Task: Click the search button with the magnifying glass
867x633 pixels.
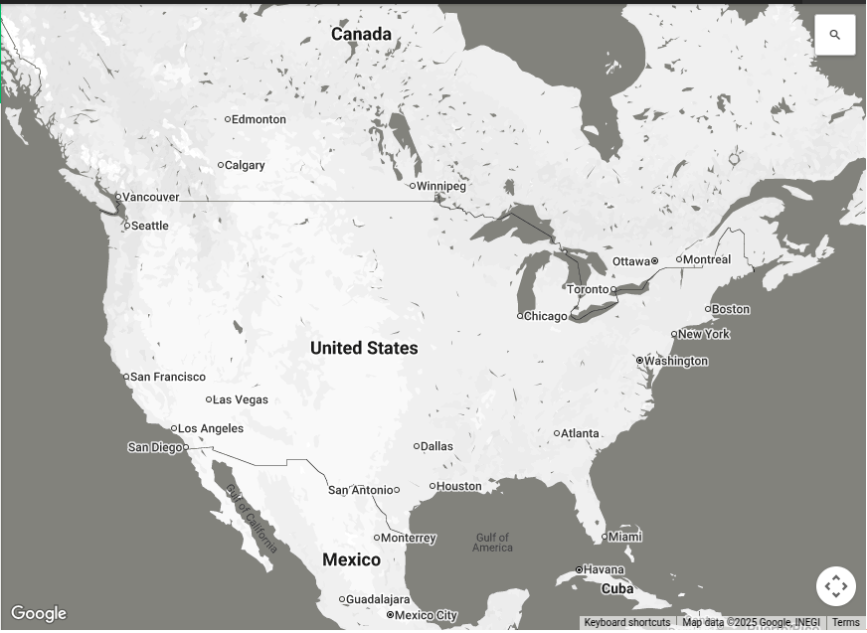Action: pos(834,35)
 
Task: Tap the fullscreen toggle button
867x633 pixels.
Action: pos(835,586)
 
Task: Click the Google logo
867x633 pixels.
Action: pos(39,613)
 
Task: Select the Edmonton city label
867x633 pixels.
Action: pos(259,119)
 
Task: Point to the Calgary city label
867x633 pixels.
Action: pos(245,165)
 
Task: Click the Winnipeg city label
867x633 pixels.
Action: pos(440,186)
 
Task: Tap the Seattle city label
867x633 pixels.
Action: pos(150,226)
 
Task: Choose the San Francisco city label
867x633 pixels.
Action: pos(168,377)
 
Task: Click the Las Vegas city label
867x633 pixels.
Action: pos(241,399)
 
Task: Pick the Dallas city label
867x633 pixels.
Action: pos(436,446)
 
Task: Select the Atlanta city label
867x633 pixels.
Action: pos(580,433)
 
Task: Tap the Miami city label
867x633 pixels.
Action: pos(625,537)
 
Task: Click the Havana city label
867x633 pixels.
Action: pos(604,569)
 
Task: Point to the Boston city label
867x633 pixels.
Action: pos(731,309)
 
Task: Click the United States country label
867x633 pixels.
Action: pos(364,348)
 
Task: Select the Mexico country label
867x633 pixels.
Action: pos(351,559)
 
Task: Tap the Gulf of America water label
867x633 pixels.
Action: pos(492,543)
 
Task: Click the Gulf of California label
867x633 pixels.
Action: pos(251,517)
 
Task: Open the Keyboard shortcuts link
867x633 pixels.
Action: pos(626,623)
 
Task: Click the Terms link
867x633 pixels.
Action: pos(845,623)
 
